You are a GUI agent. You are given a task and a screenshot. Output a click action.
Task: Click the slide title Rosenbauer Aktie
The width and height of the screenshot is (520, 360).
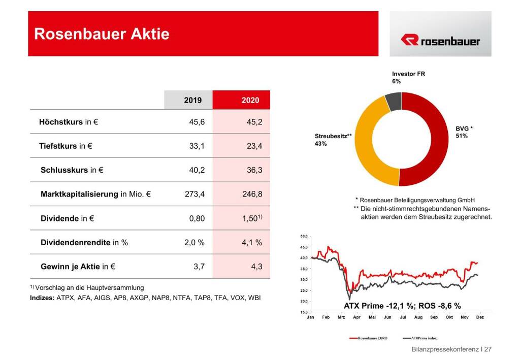[x=102, y=34]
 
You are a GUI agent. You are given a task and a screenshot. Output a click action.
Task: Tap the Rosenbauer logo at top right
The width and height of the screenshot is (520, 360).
[x=440, y=41]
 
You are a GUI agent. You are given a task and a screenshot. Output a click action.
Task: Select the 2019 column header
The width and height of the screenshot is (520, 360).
[x=192, y=100]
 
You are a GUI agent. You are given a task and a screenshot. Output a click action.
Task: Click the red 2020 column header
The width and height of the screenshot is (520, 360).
[x=250, y=100]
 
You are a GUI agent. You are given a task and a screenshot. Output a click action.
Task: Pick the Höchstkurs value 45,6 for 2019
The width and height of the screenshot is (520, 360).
[x=197, y=122]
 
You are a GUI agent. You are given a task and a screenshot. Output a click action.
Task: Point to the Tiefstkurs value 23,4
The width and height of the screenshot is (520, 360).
[x=254, y=146]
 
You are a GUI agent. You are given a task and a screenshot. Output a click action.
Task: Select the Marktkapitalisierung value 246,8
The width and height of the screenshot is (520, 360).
[x=252, y=194]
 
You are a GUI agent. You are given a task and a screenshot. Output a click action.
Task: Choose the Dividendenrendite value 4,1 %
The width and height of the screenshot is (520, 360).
[x=252, y=243]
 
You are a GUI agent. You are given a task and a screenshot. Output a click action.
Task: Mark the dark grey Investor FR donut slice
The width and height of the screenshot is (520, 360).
[x=393, y=102]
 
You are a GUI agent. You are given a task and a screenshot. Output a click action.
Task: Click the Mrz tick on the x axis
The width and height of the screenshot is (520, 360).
[x=341, y=317]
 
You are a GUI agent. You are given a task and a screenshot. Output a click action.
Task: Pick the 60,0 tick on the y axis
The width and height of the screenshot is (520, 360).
[x=304, y=237]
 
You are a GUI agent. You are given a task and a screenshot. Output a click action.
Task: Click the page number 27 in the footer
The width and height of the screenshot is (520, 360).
[x=488, y=349]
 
